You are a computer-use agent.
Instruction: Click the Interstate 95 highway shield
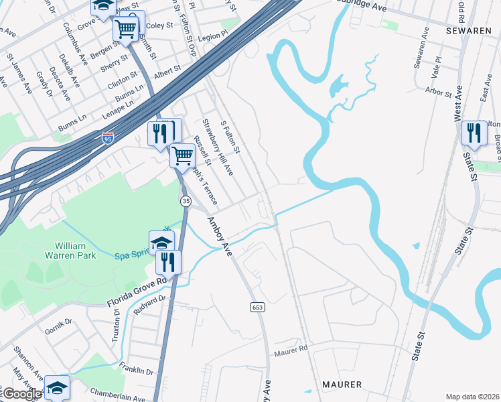(109, 139)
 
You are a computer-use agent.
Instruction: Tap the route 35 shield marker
(186, 201)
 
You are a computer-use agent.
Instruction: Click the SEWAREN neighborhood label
(471, 31)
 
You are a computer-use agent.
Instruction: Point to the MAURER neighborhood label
(342, 385)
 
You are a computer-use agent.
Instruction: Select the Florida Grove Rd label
(136, 293)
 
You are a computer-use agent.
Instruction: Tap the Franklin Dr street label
(137, 368)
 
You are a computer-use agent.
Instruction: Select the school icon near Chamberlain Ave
(58, 387)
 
